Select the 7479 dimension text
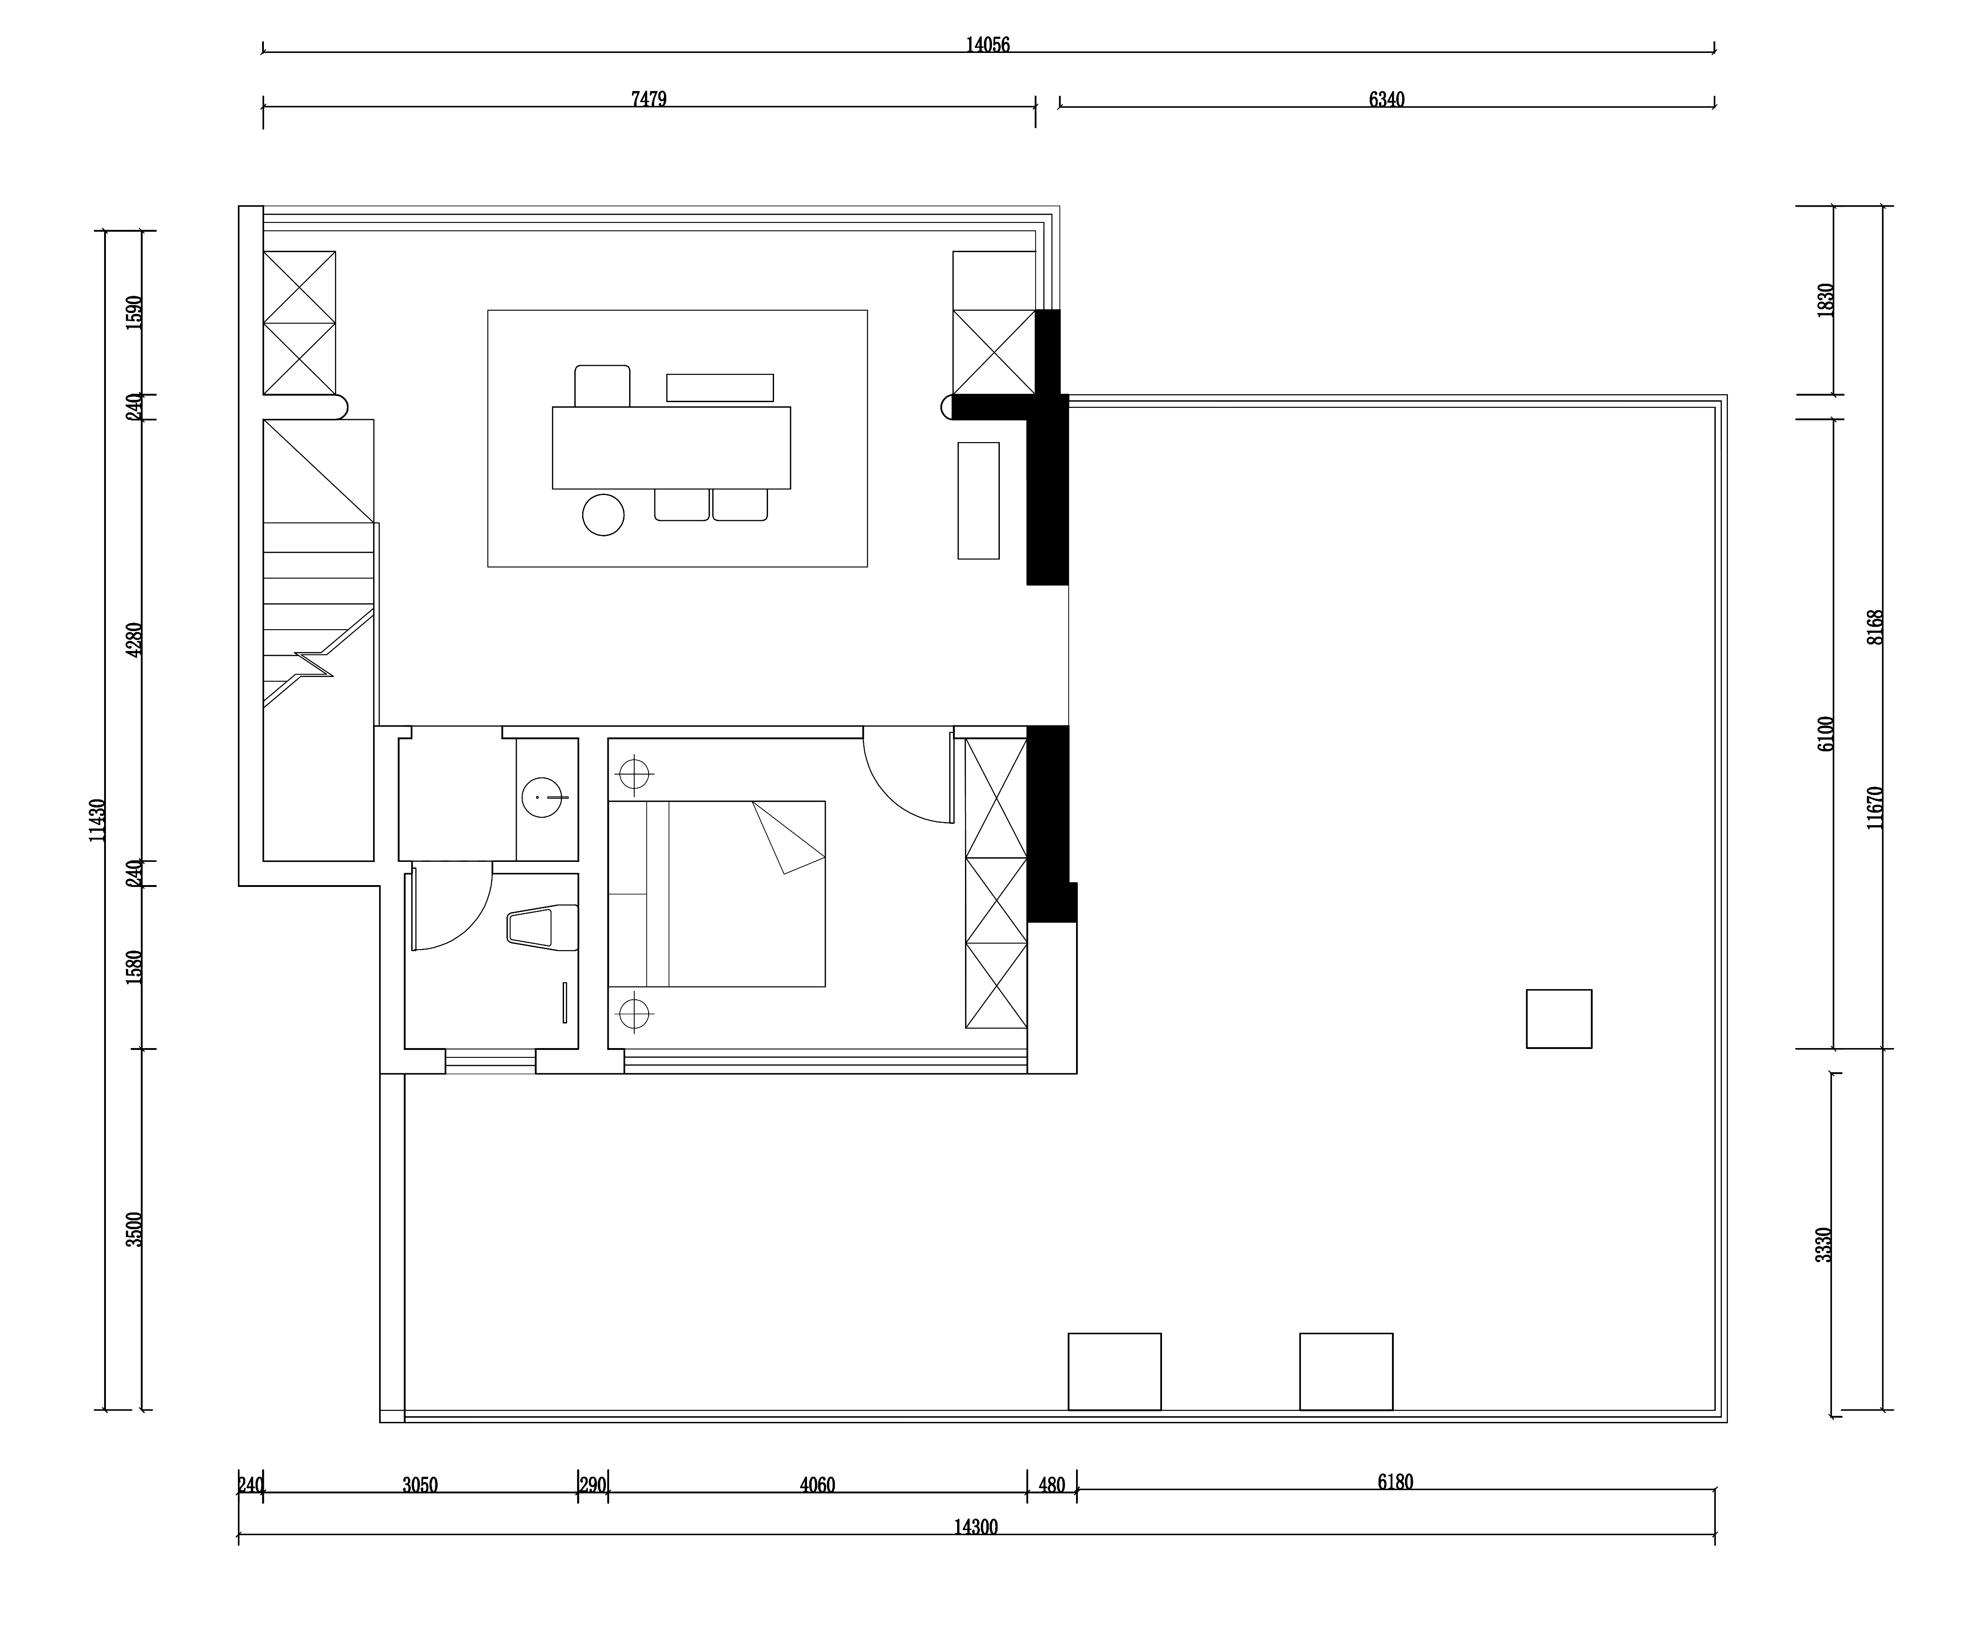coord(649,98)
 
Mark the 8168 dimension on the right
coord(1875,627)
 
